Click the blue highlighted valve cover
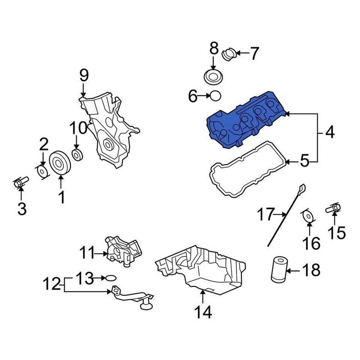(244, 120)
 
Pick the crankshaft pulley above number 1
(60, 163)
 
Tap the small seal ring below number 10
(77, 154)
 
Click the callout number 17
(266, 215)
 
